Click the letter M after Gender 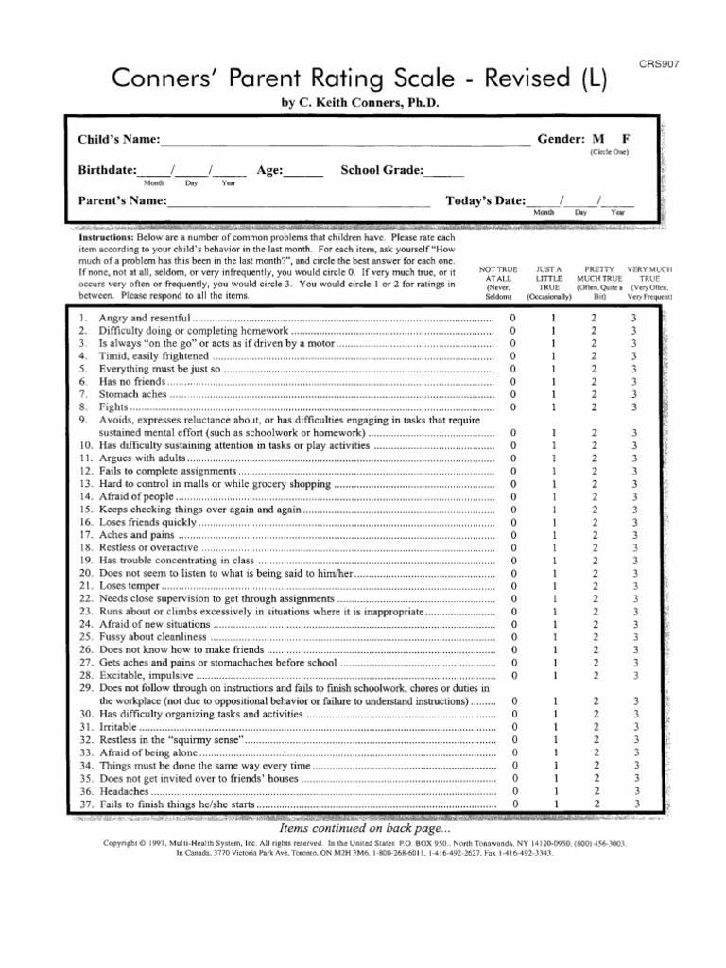coord(597,138)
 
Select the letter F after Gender coord(625,138)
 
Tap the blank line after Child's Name coord(345,142)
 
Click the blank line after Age coord(302,173)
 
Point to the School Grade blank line coord(444,173)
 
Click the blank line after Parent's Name coord(293,203)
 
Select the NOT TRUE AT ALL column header coord(498,283)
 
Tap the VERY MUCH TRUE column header coord(649,283)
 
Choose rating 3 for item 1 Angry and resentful coord(635,318)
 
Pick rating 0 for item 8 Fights coord(513,406)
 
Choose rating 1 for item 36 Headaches coord(554,790)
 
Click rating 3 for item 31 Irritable coord(635,727)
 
